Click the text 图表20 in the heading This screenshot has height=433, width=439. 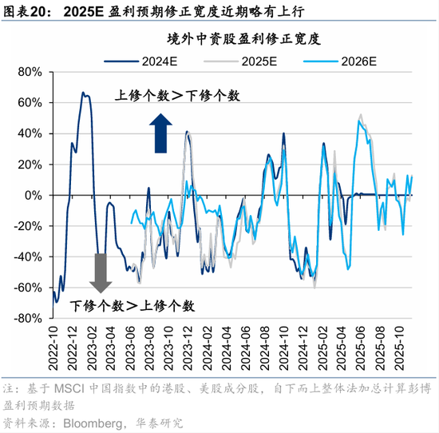coord(24,10)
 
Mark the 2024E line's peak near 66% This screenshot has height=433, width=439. coord(83,93)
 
